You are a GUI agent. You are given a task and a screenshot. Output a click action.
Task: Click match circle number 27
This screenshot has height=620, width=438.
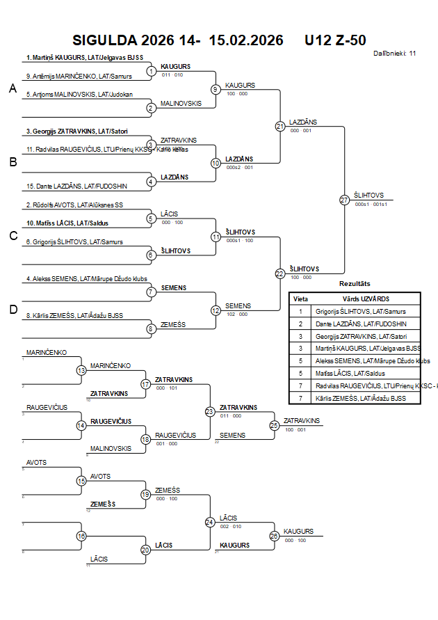pyautogui.click(x=345, y=200)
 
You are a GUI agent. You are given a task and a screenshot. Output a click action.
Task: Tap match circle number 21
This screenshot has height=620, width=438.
pyautogui.click(x=280, y=126)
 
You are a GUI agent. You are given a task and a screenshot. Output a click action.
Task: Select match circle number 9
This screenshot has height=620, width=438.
pyautogui.click(x=216, y=89)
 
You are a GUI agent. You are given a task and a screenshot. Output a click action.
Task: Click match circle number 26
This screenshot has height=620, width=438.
pyautogui.click(x=275, y=536)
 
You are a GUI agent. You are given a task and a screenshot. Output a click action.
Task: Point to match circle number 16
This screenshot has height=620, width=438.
pyautogui.click(x=81, y=536)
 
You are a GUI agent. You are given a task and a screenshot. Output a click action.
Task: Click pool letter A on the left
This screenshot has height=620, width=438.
pyautogui.click(x=13, y=88)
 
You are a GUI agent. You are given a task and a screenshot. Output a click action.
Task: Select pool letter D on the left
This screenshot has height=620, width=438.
pyautogui.click(x=13, y=310)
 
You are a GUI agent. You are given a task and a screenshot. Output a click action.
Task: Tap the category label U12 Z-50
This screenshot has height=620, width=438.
pyautogui.click(x=335, y=40)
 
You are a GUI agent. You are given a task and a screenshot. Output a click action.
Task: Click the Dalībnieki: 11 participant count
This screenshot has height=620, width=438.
pyautogui.click(x=394, y=53)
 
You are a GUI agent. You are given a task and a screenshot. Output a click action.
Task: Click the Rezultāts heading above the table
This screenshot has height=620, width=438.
pyautogui.click(x=355, y=284)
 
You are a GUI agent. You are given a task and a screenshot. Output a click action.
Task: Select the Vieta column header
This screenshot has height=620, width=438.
pyautogui.click(x=301, y=298)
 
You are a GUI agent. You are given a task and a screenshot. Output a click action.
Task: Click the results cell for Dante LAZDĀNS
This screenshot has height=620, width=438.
pyautogui.click(x=360, y=324)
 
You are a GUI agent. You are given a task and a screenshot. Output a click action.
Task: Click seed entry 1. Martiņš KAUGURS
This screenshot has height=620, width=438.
pyautogui.click(x=83, y=57)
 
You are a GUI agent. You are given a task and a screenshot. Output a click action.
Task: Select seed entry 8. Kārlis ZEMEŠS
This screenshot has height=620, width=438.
pyautogui.click(x=75, y=316)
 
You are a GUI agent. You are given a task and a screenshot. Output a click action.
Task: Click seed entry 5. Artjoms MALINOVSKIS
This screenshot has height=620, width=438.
pyautogui.click(x=79, y=94)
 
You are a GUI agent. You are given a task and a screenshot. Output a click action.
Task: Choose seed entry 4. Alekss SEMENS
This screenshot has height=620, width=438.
pyautogui.click(x=86, y=279)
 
